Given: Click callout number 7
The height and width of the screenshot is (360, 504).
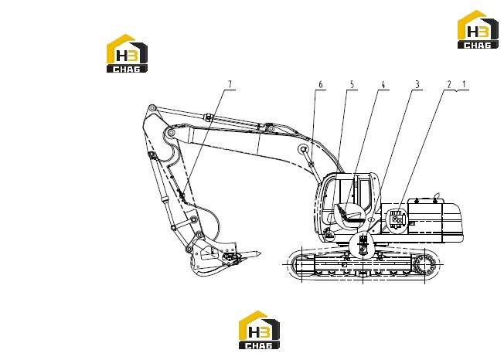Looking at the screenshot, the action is (x=230, y=84).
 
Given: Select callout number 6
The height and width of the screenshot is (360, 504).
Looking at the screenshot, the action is (x=320, y=84).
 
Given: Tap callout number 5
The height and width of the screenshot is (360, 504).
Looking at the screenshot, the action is (x=352, y=84).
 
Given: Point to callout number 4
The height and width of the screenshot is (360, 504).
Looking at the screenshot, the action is (x=383, y=84).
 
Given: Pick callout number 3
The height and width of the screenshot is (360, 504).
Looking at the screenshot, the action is (x=417, y=84).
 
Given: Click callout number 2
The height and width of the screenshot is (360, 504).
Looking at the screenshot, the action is (x=449, y=84).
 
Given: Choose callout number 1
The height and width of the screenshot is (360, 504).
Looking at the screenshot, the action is (x=464, y=84).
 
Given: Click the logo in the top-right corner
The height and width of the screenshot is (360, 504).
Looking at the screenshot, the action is (x=478, y=29).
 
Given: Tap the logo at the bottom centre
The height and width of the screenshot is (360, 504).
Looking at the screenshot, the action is (x=259, y=330).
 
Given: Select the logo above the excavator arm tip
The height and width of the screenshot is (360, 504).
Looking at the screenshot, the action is (x=127, y=53).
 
